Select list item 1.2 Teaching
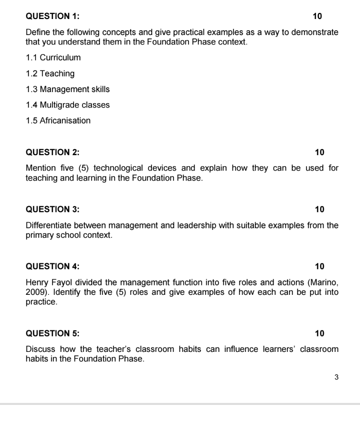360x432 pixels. (x=50, y=74)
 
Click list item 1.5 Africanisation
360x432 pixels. (x=58, y=121)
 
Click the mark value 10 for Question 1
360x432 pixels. (x=317, y=17)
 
